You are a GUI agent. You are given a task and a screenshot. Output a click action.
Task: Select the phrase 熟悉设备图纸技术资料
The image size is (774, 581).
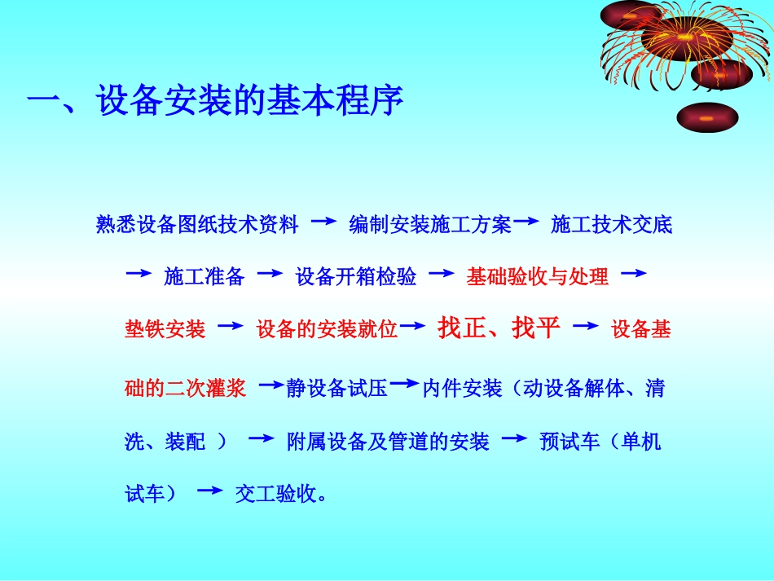198,225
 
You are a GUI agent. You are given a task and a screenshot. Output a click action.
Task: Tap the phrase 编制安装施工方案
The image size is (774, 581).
430,225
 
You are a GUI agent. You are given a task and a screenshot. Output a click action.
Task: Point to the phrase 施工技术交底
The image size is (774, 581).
612,225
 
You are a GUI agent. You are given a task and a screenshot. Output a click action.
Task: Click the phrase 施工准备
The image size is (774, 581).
204,277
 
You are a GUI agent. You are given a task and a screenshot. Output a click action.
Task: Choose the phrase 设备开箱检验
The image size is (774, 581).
356,277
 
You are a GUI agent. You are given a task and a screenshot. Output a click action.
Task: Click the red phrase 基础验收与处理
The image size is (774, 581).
537,277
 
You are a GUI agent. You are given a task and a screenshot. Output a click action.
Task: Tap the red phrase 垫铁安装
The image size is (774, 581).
165,329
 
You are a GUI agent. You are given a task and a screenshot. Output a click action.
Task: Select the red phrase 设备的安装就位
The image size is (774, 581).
328,329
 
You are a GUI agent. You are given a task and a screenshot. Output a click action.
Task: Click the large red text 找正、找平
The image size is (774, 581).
499,328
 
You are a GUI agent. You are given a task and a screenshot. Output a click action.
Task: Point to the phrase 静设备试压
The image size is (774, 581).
336,389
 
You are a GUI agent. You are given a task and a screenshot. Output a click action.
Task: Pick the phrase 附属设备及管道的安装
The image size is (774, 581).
388,442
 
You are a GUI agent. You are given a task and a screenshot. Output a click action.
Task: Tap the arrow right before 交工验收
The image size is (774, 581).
210,490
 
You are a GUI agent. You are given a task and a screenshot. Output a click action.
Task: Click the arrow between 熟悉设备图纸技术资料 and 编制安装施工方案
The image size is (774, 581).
324,221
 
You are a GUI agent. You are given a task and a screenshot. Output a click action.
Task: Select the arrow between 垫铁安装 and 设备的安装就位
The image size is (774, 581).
231,325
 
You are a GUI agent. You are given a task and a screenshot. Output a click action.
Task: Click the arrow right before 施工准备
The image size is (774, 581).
139,274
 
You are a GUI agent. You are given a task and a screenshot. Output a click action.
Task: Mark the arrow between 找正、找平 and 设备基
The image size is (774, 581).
586,326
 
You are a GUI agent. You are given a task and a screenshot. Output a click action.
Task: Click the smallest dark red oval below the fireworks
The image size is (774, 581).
707,117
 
